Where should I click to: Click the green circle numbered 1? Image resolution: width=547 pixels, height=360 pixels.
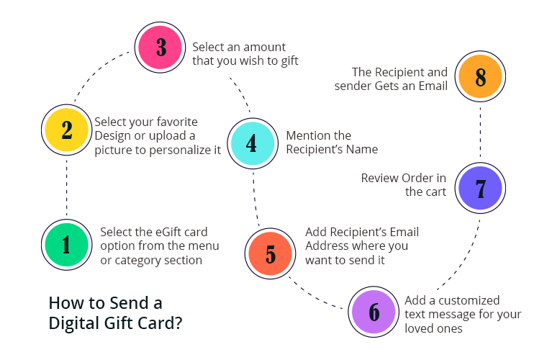pyautogui.click(x=67, y=245)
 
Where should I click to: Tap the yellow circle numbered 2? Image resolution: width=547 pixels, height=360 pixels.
pyautogui.click(x=67, y=130)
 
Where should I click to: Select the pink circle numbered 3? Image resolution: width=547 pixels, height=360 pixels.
pyautogui.click(x=160, y=47)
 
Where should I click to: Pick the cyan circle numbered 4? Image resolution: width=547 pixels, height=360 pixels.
pyautogui.click(x=253, y=143)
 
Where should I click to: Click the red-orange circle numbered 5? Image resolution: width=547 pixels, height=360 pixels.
pyautogui.click(x=271, y=253)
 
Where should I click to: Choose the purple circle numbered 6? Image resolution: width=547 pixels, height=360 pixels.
pyautogui.click(x=374, y=312)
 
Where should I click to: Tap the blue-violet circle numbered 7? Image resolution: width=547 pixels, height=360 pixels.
pyautogui.click(x=480, y=188)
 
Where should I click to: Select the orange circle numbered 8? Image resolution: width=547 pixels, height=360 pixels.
pyautogui.click(x=480, y=76)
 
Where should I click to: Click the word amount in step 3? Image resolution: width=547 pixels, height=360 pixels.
pyautogui.click(x=266, y=47)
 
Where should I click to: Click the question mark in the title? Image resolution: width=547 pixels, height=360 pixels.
pyautogui.click(x=178, y=323)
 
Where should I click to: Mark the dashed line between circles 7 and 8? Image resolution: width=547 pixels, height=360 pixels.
pyautogui.click(x=480, y=132)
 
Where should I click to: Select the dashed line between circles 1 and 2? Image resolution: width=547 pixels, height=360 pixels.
pyautogui.click(x=67, y=187)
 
